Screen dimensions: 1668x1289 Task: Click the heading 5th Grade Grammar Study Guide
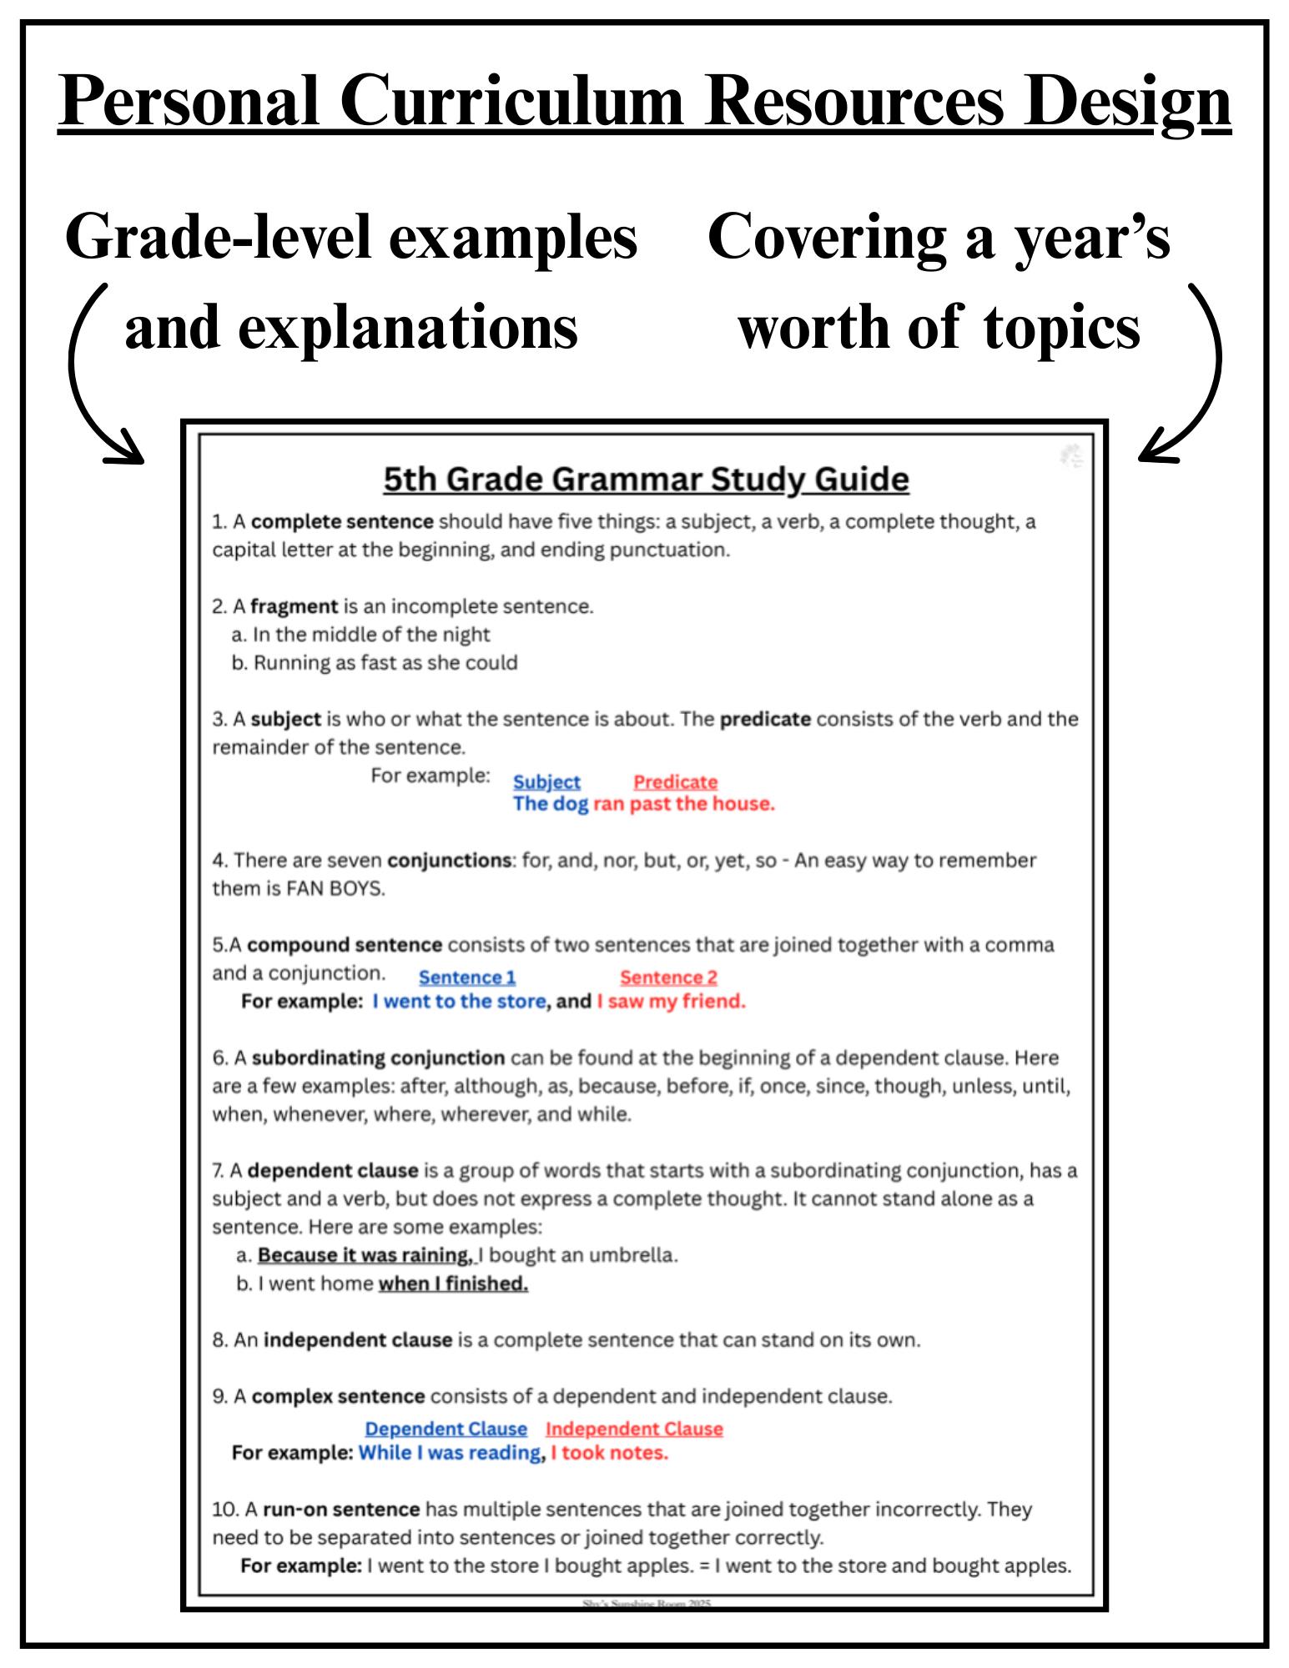click(645, 479)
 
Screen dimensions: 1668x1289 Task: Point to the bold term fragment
click(294, 606)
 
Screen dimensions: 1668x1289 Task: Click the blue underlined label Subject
click(546, 781)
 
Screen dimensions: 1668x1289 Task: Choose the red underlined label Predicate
click(675, 781)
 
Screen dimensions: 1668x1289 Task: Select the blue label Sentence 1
click(466, 977)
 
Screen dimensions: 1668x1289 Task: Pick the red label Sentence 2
click(668, 977)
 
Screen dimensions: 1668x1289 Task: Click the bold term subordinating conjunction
click(378, 1058)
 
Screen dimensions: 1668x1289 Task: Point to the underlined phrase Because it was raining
click(365, 1255)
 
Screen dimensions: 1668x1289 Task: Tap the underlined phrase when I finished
click(453, 1284)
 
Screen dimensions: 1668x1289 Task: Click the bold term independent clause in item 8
click(357, 1340)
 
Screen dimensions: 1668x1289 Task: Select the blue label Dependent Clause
click(446, 1429)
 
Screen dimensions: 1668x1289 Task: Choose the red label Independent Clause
click(634, 1429)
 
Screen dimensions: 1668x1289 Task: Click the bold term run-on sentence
click(340, 1509)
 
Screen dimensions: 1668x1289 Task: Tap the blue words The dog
click(550, 804)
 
